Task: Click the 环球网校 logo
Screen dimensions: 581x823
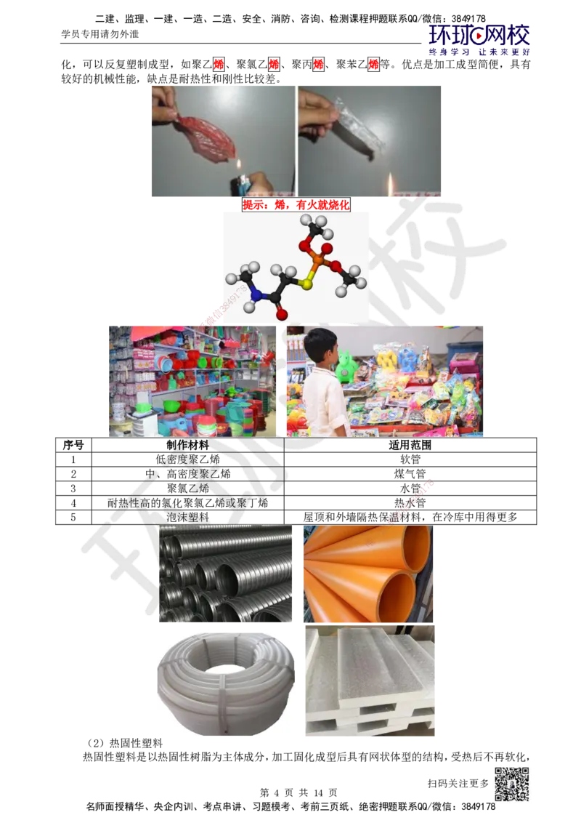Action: click(479, 40)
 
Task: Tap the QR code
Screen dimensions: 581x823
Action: click(511, 784)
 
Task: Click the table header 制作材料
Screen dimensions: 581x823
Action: click(187, 445)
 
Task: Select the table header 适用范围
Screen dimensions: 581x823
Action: click(410, 445)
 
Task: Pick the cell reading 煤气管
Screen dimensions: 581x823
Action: click(410, 474)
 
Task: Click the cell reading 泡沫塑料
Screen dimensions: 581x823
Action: click(187, 517)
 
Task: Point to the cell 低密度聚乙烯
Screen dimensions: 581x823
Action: click(187, 459)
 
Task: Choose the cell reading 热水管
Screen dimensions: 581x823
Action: click(410, 503)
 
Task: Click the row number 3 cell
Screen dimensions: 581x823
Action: click(73, 489)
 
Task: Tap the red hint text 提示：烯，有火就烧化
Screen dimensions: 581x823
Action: click(296, 205)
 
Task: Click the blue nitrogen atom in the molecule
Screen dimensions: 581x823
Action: click(257, 295)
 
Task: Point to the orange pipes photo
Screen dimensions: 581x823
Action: click(368, 574)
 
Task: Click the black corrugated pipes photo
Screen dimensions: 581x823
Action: click(225, 574)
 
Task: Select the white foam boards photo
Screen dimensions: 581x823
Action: click(370, 681)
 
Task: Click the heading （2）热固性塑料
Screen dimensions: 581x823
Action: click(125, 743)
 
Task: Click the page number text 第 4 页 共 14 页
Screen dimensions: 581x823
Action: click(298, 792)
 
